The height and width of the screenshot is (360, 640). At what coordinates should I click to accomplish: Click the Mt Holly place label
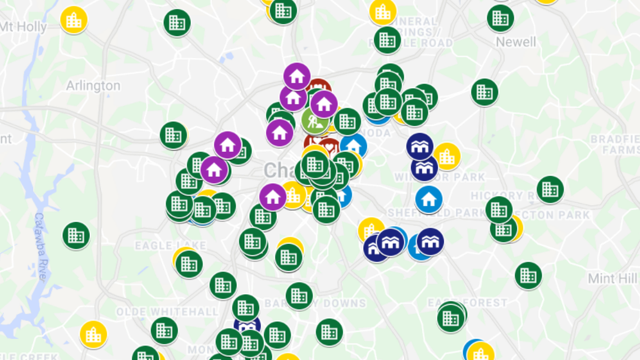pos(24,26)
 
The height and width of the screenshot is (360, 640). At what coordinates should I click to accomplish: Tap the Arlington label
pos(93,86)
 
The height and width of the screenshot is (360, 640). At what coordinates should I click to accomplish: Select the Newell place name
pos(516,42)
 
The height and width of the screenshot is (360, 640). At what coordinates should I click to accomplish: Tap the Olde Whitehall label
pos(167,312)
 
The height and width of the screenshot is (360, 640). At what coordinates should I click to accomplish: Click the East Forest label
pos(467,303)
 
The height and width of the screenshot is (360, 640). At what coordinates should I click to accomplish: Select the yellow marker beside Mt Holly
pos(74,20)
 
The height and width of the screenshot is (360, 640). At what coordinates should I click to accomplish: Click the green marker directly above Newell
pos(500,19)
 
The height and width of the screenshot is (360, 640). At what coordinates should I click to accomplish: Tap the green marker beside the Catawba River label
pos(76,235)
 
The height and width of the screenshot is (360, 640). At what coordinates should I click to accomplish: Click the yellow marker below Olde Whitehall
pos(93,335)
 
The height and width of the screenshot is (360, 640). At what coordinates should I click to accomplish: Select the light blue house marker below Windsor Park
pos(429,199)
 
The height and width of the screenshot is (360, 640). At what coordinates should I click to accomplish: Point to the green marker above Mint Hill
pos(528,275)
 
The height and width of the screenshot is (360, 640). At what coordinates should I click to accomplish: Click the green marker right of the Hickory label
pos(550,189)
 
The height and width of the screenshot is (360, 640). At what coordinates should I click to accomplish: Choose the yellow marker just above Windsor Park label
pos(447,157)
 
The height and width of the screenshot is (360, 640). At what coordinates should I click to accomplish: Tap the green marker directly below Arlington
pos(173,135)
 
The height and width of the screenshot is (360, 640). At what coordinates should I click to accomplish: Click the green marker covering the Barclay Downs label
pos(299,295)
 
